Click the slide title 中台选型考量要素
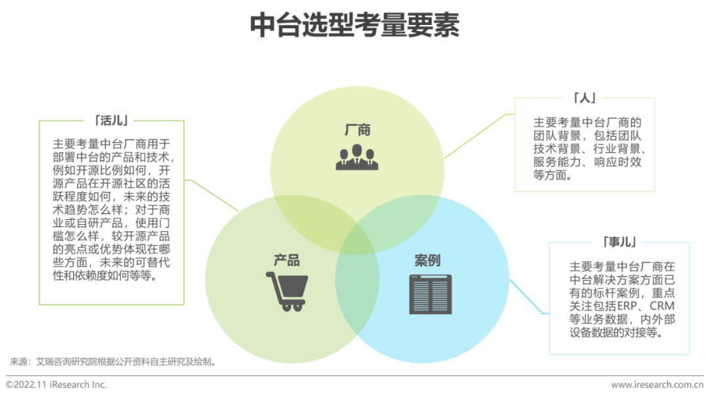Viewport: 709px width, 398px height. pyautogui.click(x=354, y=26)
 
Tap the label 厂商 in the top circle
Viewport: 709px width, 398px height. pyautogui.click(x=357, y=130)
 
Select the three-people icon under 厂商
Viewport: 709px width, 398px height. pyautogui.click(x=357, y=158)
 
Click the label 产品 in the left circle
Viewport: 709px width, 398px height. pyautogui.click(x=287, y=260)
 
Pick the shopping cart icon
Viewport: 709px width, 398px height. pyautogui.click(x=287, y=290)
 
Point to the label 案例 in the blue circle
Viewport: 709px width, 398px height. pyautogui.click(x=427, y=260)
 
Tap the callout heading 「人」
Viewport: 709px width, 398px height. pyautogui.click(x=584, y=98)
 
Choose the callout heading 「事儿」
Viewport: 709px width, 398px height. pyautogui.click(x=619, y=242)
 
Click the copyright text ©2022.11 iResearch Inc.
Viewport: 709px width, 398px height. pyautogui.click(x=56, y=384)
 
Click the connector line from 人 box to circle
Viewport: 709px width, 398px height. pyautogui.click(x=478, y=135)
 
